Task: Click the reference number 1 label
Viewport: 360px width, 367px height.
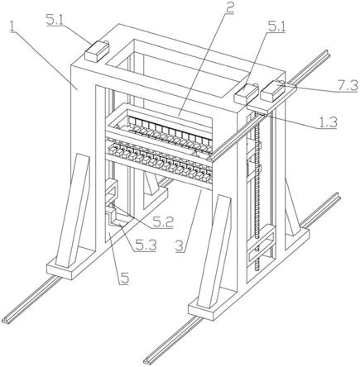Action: [12, 26]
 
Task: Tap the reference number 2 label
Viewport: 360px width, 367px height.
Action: [229, 8]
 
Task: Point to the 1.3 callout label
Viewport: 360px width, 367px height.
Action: [328, 122]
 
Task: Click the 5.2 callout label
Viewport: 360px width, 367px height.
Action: [163, 222]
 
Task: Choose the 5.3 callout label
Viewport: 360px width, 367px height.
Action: [146, 245]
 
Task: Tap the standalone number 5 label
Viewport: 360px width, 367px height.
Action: [124, 279]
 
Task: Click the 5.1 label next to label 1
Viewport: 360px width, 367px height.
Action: [55, 21]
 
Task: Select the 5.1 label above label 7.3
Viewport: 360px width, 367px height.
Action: [276, 27]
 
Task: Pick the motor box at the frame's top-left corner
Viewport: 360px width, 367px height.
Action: [97, 50]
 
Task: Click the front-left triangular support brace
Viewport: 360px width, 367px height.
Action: [73, 210]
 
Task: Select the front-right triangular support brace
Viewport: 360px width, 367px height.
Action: [214, 251]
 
